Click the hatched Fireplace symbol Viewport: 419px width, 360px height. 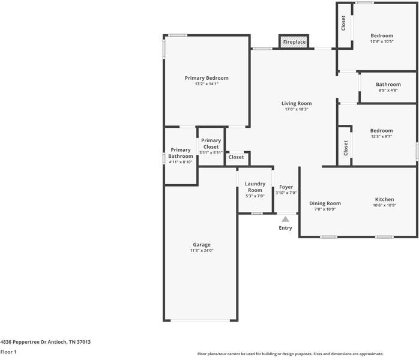[x=294, y=42]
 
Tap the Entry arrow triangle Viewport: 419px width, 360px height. [x=286, y=220]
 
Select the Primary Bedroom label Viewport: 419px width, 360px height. [x=206, y=78]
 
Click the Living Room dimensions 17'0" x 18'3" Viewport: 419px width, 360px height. [x=297, y=109]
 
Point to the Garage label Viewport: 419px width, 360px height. [x=201, y=244]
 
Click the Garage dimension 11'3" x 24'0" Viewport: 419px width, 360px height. [x=201, y=250]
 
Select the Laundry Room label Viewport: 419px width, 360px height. [x=255, y=187]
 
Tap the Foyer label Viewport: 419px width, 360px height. [x=286, y=187]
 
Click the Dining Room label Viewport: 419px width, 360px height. [x=325, y=203]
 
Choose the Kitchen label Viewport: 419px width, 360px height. [x=384, y=199]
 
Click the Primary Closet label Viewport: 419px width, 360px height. [x=211, y=143]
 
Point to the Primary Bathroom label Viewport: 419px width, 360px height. [x=180, y=153]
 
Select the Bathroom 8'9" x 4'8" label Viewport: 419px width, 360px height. [x=388, y=85]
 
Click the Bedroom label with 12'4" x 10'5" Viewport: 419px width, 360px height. [x=382, y=35]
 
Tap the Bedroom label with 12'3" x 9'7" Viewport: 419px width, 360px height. [x=381, y=131]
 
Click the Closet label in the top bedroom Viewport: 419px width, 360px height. [x=343, y=23]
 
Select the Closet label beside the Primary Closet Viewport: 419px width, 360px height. [x=236, y=157]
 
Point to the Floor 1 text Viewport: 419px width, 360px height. [x=8, y=352]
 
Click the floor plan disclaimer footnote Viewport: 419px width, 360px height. [x=290, y=354]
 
